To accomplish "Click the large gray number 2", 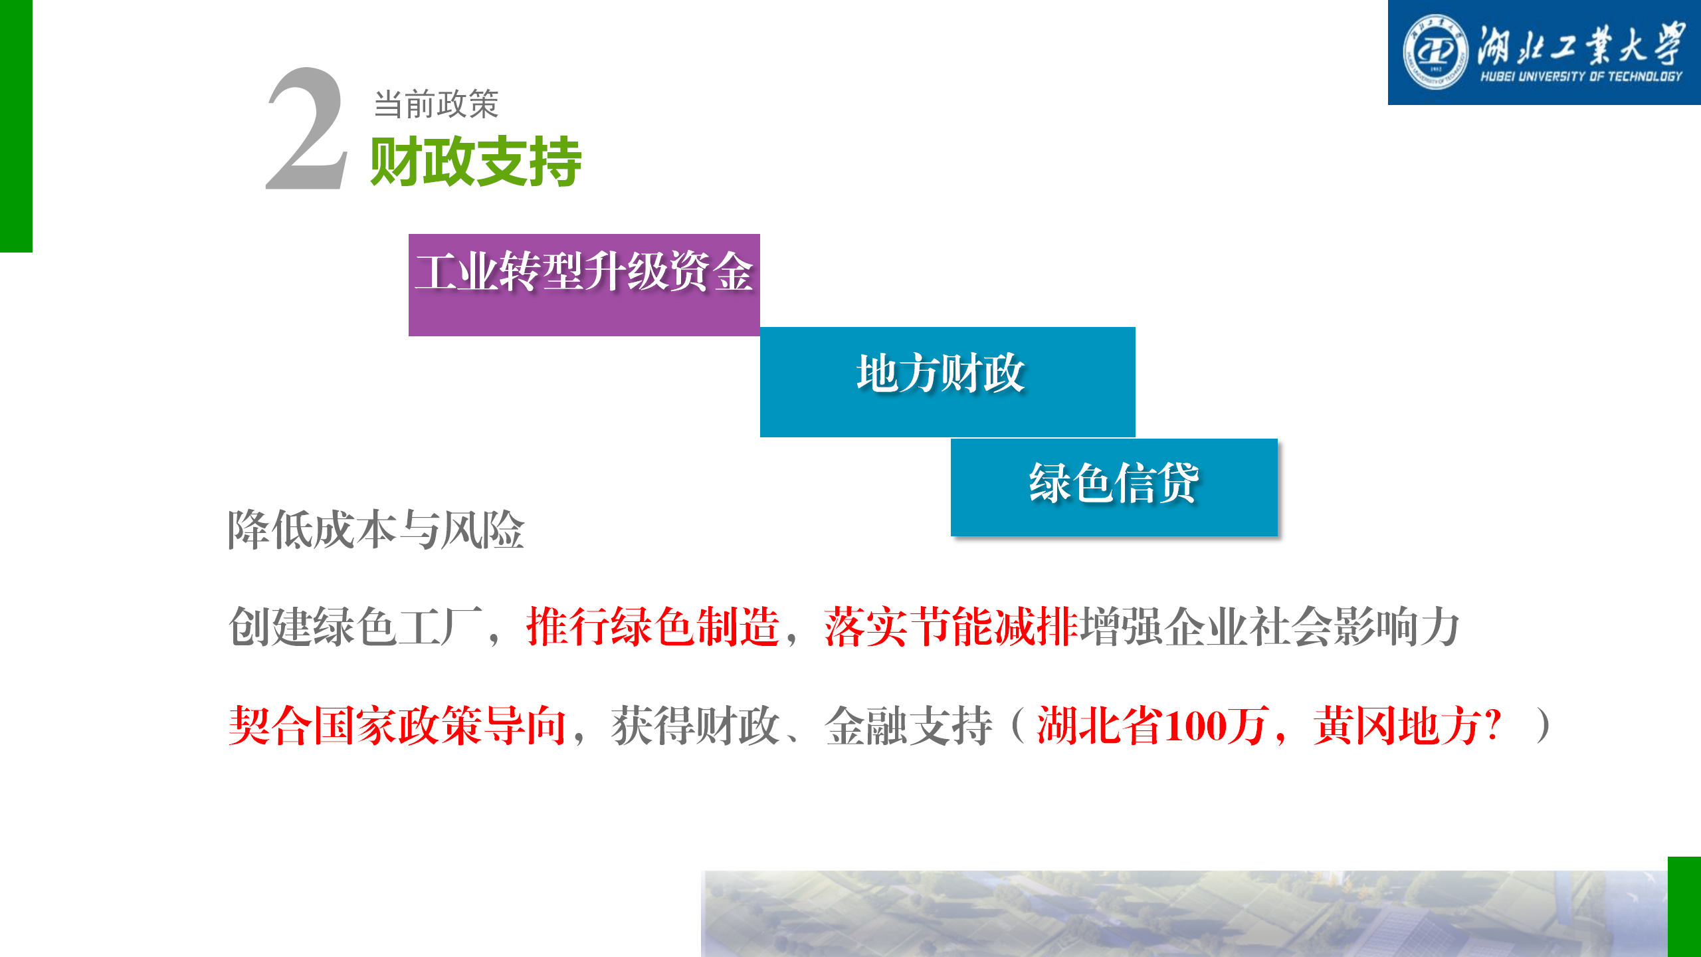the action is tap(307, 129).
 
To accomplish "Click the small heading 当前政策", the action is tap(436, 104).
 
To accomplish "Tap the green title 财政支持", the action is tap(476, 161).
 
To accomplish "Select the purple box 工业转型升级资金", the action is tap(584, 285).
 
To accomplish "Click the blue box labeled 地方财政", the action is tap(948, 382).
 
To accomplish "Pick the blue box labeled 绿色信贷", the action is tap(1114, 487).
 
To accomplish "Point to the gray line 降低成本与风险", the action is tap(376, 530).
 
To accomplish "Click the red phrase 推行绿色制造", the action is tap(653, 627).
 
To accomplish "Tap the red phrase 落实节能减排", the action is tap(951, 627).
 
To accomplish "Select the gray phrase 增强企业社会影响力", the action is tap(1270, 627).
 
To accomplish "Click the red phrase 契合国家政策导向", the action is tap(397, 725).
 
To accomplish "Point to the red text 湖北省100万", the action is tap(1151, 725).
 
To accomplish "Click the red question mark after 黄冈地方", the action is tap(1492, 725).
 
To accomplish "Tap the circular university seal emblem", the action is tap(1435, 53).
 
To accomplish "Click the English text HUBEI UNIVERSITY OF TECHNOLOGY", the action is tap(1581, 76).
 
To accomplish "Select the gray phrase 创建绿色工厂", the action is tap(355, 627).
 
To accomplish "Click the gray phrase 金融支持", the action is tap(909, 725).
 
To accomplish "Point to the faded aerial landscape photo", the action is tap(1184, 914).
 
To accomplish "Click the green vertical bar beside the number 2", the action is tap(16, 126).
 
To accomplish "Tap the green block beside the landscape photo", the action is tap(1684, 907).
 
